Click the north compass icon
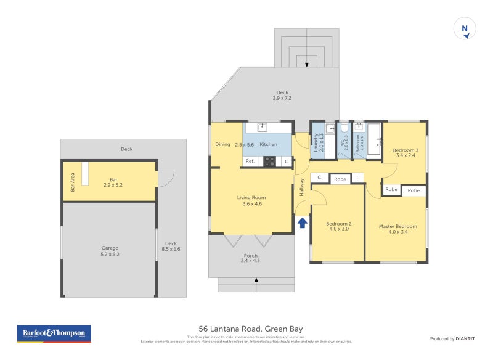(465, 29)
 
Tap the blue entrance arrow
(303, 223)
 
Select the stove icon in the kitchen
(270, 162)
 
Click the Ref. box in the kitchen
(250, 162)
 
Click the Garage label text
(110, 252)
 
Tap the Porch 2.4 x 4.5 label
(251, 258)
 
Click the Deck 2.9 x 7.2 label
(282, 96)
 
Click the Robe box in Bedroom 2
(340, 179)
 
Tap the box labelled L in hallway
(358, 178)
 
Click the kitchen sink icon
(262, 128)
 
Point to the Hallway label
(302, 187)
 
